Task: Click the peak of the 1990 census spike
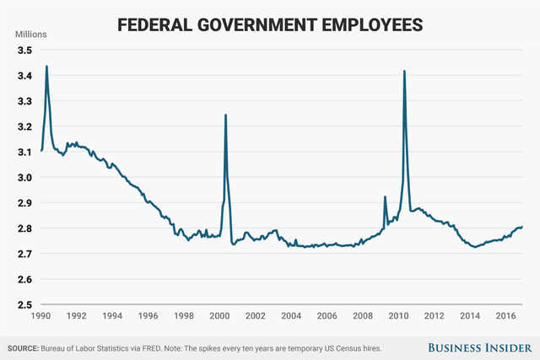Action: pos(46,66)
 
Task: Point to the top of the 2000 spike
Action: pos(225,115)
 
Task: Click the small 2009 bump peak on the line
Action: pos(385,197)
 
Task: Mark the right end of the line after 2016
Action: pos(522,227)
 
